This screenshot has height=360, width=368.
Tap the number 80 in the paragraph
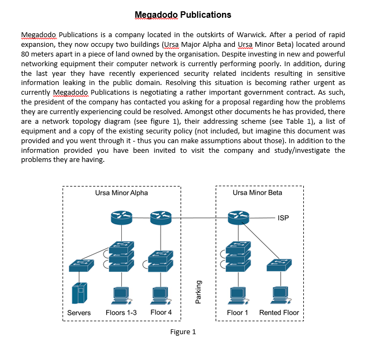tap(25, 53)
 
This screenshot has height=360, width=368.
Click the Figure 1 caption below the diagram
tap(183, 331)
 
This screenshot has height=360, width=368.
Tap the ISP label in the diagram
tap(283, 218)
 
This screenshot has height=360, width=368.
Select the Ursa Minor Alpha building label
tap(121, 193)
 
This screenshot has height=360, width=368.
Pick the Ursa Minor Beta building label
tap(258, 193)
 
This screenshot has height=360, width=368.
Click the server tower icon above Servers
tap(79, 294)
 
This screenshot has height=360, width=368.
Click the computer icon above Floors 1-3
tap(121, 294)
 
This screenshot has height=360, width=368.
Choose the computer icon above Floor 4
tap(160, 294)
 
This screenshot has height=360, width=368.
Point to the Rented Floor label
tap(279, 313)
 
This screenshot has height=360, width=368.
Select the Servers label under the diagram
tap(79, 313)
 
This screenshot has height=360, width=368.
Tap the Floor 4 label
tap(161, 313)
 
